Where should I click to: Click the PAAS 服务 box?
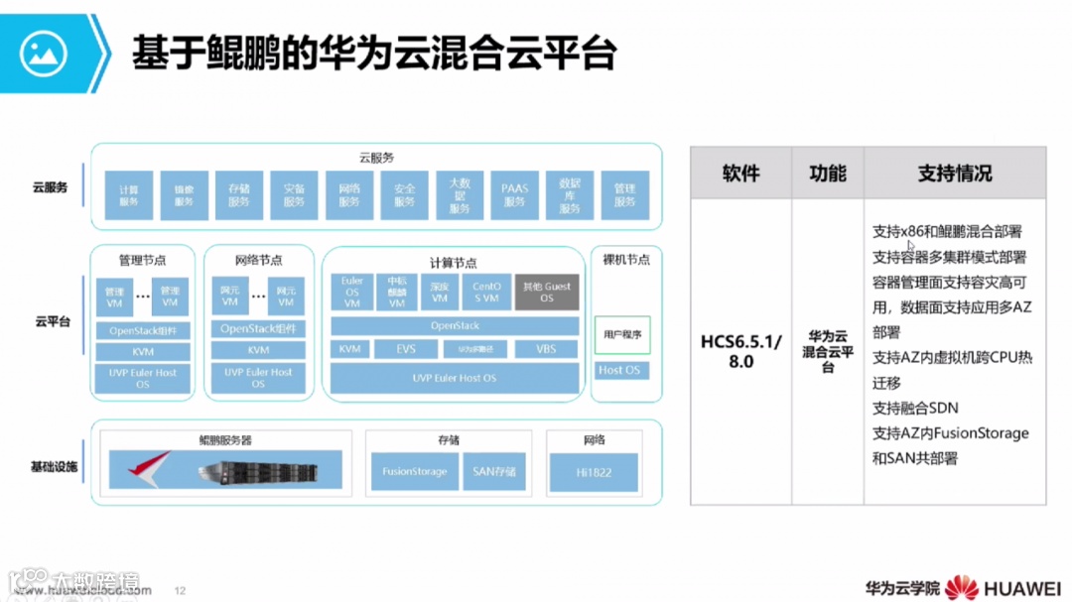[x=514, y=195]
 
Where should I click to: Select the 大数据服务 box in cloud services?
[x=459, y=195]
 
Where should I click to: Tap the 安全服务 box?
[x=404, y=195]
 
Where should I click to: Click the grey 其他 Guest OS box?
[x=547, y=293]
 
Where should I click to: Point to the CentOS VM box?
[x=486, y=293]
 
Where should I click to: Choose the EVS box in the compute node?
[x=405, y=349]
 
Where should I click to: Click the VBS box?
[x=546, y=349]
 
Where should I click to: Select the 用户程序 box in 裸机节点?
[x=622, y=335]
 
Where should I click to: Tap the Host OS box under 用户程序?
[x=619, y=371]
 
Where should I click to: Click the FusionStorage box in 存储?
[x=414, y=472]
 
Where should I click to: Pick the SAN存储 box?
[x=493, y=472]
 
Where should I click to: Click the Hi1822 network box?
[x=594, y=472]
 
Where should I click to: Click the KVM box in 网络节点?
[x=258, y=350]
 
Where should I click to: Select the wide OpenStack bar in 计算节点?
[x=455, y=325]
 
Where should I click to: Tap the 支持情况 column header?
[x=954, y=174]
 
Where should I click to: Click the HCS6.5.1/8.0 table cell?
[x=740, y=352]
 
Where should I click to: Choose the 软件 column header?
[x=740, y=174]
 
